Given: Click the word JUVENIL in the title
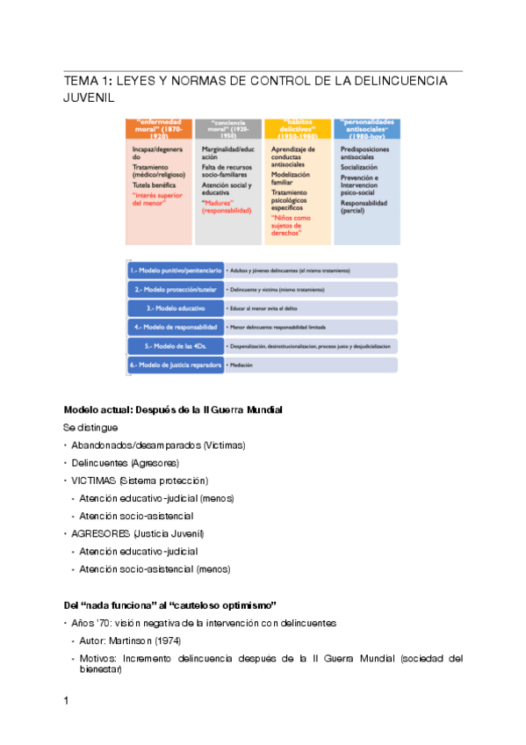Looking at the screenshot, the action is point(90,98).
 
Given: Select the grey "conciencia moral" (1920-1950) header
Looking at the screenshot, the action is point(228,129).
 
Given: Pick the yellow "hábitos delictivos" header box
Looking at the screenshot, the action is point(298,129).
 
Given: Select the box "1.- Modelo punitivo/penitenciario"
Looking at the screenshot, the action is point(177,271).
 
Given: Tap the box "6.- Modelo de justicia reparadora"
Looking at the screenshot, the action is point(177,365).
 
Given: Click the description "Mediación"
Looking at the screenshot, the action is point(243,365).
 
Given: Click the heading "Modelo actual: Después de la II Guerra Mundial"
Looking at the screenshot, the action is point(172,410).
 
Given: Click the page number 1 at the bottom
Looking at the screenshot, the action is point(67,700).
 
